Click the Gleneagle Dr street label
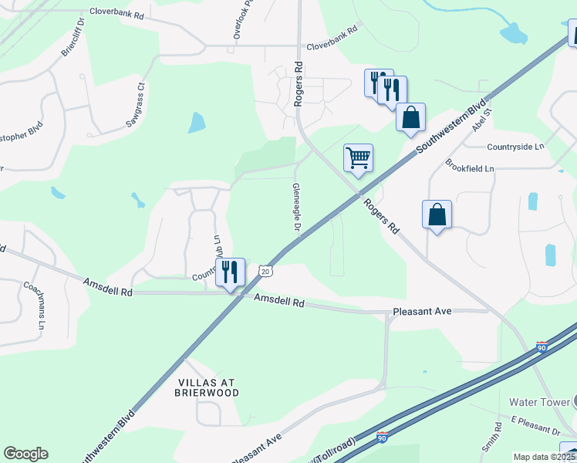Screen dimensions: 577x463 point(295,207)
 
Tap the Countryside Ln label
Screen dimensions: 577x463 point(515,146)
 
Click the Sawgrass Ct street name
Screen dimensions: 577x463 point(136,106)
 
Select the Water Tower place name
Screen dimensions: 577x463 point(538,402)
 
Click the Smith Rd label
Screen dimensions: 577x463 point(489,440)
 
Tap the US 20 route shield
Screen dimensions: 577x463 point(265,272)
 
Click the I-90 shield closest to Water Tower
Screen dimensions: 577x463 point(543,348)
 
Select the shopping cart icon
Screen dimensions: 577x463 point(358,158)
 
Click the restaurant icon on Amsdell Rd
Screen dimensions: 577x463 point(230,272)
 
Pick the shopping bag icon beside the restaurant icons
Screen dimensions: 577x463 point(411,118)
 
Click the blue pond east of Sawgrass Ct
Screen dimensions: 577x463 point(197,122)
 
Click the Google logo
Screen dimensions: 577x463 point(25,454)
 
